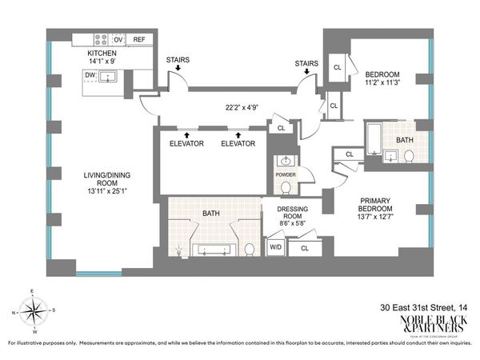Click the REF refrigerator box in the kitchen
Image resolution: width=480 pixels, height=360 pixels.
139,38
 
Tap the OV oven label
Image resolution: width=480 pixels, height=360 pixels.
118,38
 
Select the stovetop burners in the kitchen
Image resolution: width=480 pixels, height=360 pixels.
102,38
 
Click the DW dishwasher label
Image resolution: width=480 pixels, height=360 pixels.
90,77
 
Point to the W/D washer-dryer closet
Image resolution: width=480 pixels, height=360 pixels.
275,248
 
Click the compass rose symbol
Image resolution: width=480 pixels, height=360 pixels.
31,312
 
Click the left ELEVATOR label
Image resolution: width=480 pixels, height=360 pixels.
187,143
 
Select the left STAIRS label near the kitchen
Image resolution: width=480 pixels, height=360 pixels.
178,59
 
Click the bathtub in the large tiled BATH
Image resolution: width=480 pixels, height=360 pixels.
212,250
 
